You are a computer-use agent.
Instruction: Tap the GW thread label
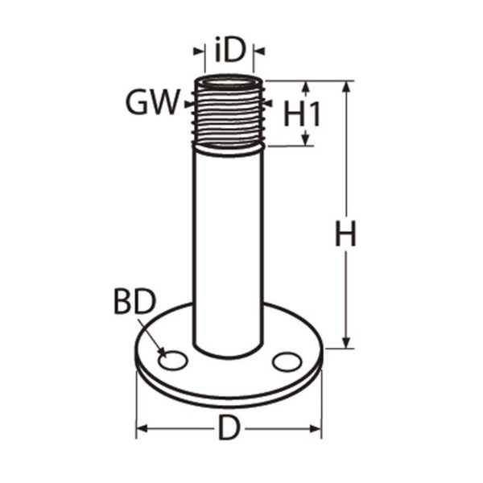153,102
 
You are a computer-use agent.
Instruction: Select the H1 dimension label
302,114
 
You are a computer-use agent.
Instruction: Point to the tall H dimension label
345,233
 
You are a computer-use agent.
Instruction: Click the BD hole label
135,302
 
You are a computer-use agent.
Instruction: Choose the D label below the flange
229,427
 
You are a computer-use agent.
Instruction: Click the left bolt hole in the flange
173,361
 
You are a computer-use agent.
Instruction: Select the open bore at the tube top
229,84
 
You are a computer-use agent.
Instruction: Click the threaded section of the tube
229,114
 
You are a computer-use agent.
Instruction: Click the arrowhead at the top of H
346,87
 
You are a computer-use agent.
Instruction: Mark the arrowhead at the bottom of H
346,343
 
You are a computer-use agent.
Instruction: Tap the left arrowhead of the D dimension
142,428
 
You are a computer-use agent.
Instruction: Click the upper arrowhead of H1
305,87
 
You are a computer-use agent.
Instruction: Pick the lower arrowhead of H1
305,139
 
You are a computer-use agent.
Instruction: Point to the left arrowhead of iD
199,52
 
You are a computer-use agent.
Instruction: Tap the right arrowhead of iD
259,52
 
